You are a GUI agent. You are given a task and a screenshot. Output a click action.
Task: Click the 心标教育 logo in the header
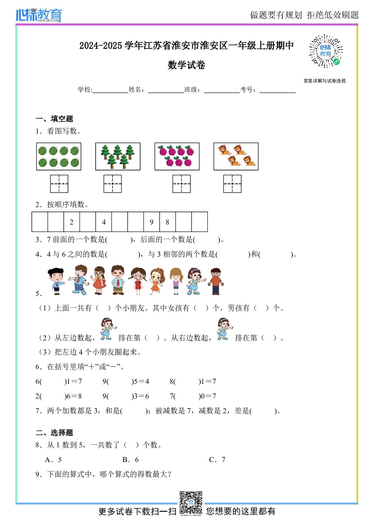39,15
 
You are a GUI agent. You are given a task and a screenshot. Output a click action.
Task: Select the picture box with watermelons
59,157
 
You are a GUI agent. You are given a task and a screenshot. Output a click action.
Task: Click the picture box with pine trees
118,157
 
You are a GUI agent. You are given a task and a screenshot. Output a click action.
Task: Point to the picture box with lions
236,157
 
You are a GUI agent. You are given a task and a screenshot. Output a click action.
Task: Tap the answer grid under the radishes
181,184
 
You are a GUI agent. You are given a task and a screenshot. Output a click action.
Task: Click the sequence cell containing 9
152,222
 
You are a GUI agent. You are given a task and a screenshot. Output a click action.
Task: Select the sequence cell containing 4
104,222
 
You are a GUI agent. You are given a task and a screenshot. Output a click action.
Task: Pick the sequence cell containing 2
72,222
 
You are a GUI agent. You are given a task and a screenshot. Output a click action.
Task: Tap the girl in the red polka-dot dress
138,281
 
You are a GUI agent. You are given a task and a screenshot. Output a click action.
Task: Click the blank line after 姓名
166,90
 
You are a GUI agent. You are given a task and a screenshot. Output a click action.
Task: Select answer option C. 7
217,460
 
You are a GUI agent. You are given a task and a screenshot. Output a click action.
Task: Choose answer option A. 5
53,460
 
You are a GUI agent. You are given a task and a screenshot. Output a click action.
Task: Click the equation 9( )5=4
126,381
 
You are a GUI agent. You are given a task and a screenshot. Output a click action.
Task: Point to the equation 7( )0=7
193,396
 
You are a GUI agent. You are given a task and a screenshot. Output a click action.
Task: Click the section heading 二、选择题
54,433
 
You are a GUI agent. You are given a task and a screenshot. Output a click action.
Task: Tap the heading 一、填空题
54,119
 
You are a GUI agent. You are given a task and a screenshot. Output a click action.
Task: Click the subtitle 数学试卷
186,65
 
